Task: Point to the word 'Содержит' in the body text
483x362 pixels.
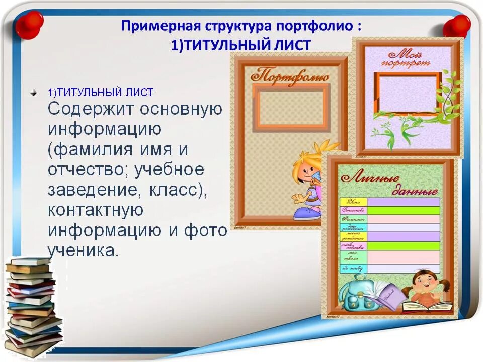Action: pyautogui.click(x=91, y=109)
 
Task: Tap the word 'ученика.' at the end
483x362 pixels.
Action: pyautogui.click(x=83, y=250)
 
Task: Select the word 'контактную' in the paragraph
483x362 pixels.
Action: pyautogui.click(x=96, y=210)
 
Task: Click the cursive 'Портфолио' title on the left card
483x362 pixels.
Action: pyautogui.click(x=289, y=77)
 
